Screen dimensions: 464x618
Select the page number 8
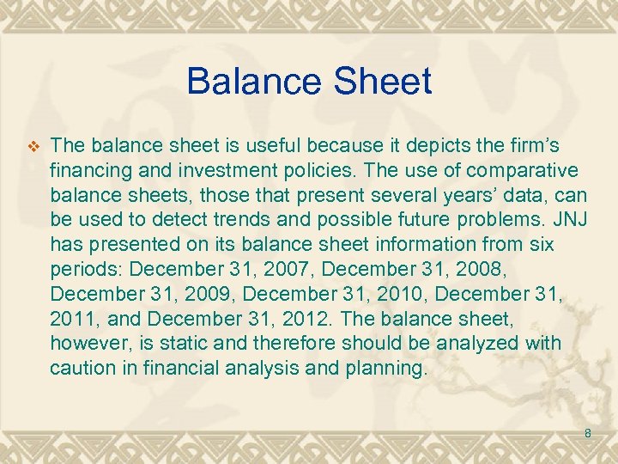pyautogui.click(x=588, y=434)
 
